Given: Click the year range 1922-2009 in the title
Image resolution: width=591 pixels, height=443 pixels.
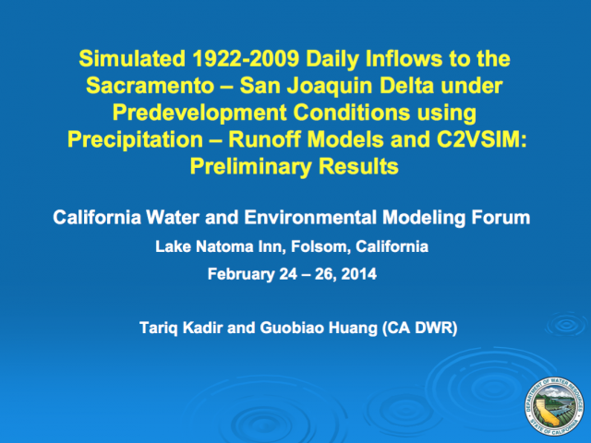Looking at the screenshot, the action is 246,59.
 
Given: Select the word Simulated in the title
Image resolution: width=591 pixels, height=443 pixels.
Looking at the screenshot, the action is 132,59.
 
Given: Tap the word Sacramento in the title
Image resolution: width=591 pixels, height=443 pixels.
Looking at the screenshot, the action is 151,86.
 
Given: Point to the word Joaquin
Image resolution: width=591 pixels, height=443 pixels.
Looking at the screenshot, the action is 331,86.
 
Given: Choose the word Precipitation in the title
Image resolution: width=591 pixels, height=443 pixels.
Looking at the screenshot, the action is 136,139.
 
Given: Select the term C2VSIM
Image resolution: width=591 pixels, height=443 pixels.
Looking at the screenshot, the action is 481,139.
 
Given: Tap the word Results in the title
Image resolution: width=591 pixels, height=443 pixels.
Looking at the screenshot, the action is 358,166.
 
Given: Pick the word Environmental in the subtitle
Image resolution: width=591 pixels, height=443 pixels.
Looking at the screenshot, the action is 310,218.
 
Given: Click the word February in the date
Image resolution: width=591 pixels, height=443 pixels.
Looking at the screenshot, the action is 241,274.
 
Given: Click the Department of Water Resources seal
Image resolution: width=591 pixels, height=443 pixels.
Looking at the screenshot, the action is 554,406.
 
